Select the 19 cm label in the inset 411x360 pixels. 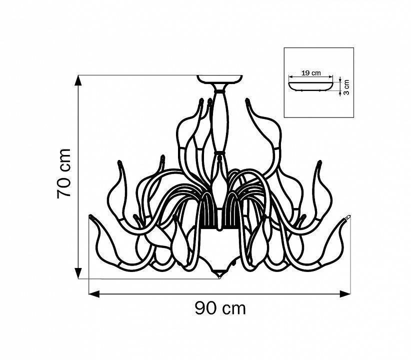click(311, 72)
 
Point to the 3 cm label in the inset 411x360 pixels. click(346, 86)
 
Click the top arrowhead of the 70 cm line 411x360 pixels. click(78, 80)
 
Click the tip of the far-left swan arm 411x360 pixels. click(91, 217)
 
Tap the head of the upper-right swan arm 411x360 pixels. click(247, 102)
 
